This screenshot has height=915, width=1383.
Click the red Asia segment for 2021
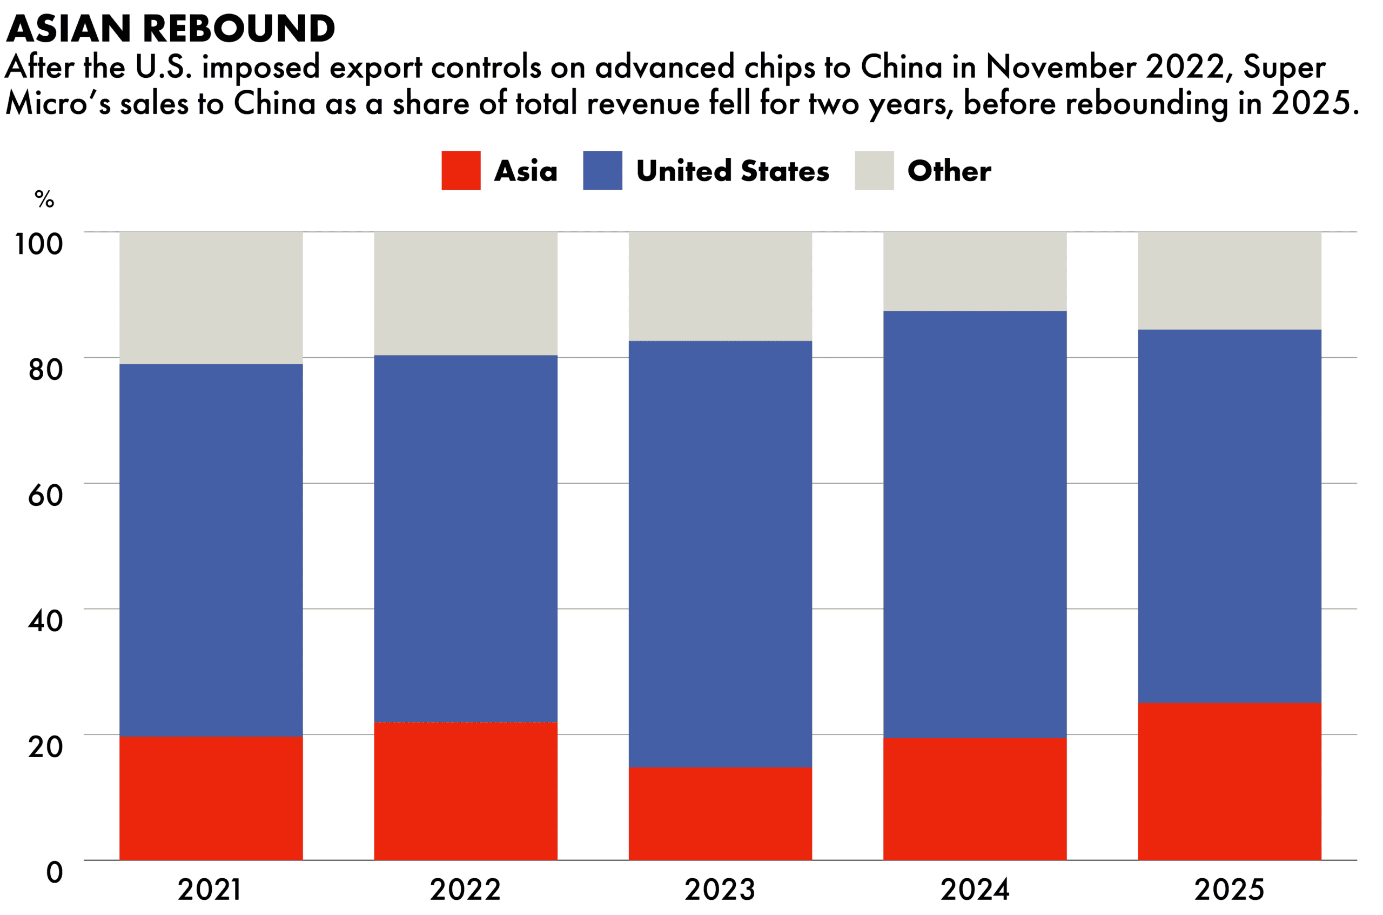(x=211, y=798)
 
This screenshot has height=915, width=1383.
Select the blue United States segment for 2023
(x=720, y=554)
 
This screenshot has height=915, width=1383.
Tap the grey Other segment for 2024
(x=974, y=271)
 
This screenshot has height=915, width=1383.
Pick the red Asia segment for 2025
(x=1229, y=782)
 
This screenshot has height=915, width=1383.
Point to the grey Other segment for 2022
(x=466, y=293)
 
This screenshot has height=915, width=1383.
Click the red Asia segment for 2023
(x=720, y=813)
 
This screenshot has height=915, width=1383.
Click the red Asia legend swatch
(x=461, y=170)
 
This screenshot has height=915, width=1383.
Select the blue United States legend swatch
(x=602, y=170)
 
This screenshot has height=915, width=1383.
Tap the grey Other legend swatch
(x=874, y=170)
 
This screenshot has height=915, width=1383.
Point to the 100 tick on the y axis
(x=38, y=244)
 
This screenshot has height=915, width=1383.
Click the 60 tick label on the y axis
(x=45, y=495)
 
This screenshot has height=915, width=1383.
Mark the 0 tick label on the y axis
(x=54, y=872)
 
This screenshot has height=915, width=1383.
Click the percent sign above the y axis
(x=44, y=199)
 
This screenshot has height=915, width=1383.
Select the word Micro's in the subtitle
(x=58, y=103)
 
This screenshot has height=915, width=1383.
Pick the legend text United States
(x=733, y=171)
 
